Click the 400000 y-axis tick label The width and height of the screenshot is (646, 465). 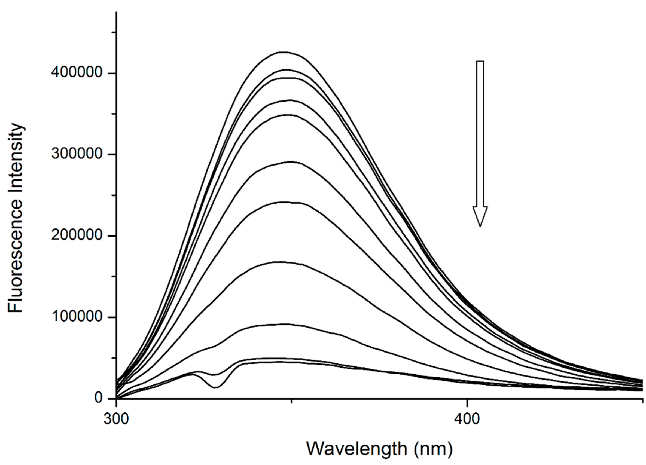pyautogui.click(x=77, y=73)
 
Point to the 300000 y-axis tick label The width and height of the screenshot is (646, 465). pyautogui.click(x=77, y=154)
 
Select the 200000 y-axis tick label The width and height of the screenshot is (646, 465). pyautogui.click(x=77, y=235)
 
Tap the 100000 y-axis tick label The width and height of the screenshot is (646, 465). pyautogui.click(x=77, y=317)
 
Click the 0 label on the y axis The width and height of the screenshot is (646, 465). pyautogui.click(x=98, y=398)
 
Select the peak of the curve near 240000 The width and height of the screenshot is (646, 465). pyautogui.click(x=285, y=202)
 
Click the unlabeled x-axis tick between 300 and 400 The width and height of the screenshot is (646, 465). pyautogui.click(x=291, y=401)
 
